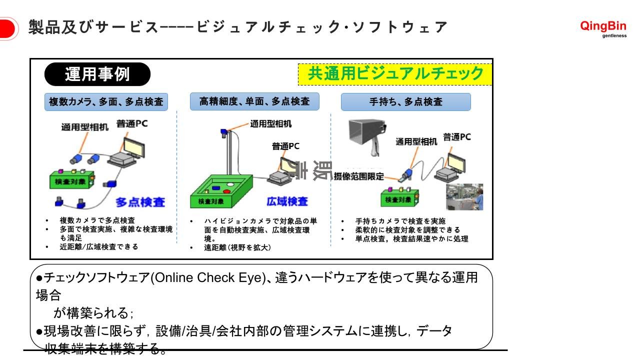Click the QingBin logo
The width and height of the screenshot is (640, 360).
603,28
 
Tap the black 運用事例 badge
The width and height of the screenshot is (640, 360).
97,74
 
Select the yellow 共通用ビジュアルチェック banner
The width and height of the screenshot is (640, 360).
395,74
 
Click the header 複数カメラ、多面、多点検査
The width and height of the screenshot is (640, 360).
106,101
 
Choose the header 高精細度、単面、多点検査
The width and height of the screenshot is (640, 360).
254,101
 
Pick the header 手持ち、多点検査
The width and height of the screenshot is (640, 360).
405,102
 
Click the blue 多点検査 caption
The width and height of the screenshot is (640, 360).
140,202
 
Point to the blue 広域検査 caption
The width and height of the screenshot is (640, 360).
287,201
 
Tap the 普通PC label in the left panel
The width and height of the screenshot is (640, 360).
132,123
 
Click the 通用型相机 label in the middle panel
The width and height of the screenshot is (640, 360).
271,123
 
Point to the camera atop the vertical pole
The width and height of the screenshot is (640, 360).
224,132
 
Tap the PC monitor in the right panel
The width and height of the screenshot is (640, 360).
459,161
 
